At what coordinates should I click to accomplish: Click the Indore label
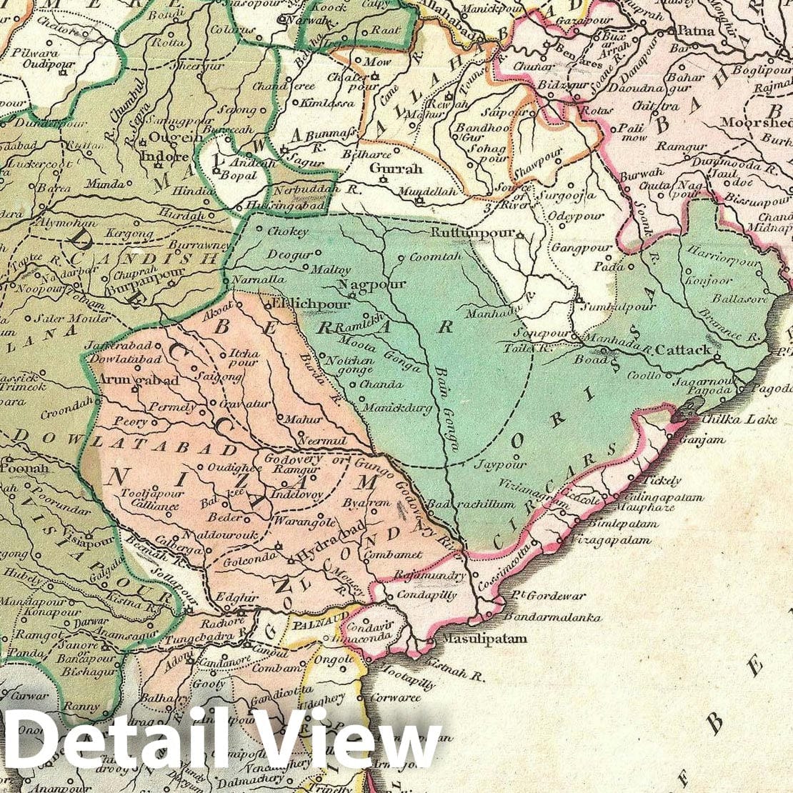click(x=165, y=156)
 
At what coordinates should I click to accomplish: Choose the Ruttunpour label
click(x=474, y=234)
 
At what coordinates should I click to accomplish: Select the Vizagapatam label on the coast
click(x=611, y=541)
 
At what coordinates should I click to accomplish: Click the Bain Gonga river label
click(x=447, y=407)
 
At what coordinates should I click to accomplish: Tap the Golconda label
click(x=244, y=562)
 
